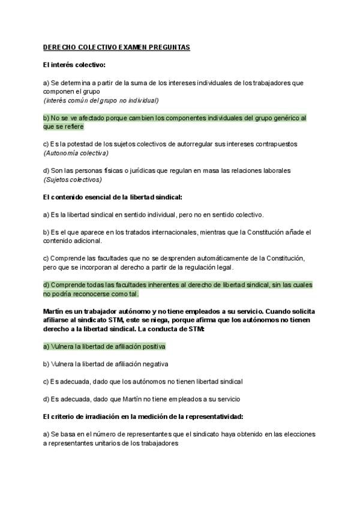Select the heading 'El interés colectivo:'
[74, 64]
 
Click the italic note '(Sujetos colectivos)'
[73, 179]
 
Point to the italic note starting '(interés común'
[100, 100]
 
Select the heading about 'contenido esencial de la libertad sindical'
[112, 197]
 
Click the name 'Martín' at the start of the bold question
[55, 312]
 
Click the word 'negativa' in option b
[154, 364]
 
